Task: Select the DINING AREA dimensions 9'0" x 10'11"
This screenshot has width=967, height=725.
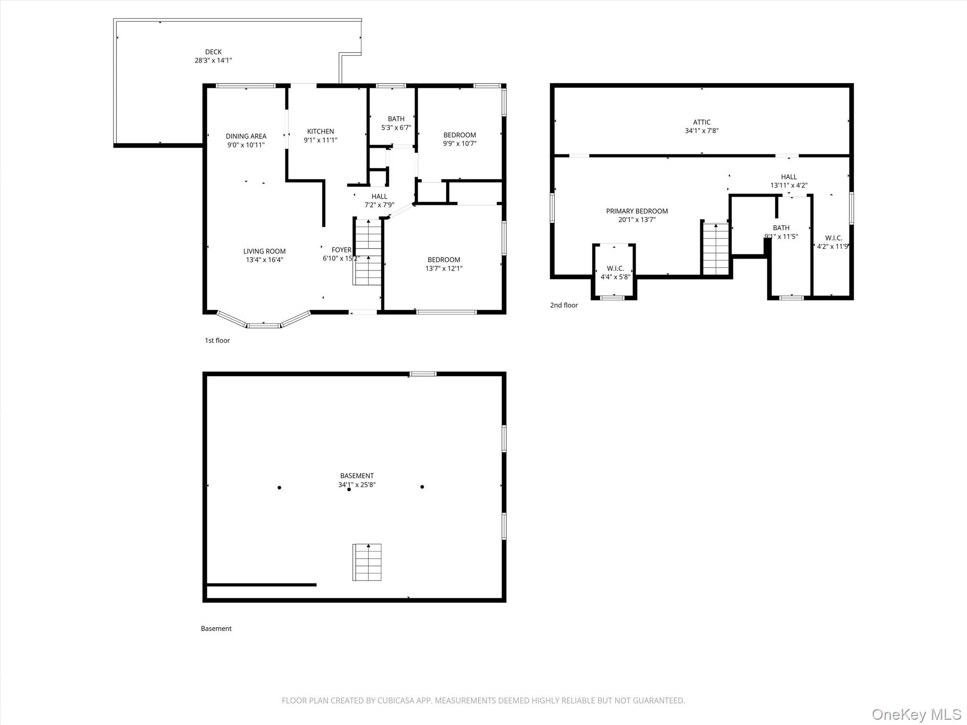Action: (x=246, y=145)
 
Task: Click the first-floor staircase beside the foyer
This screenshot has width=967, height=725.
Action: (x=367, y=252)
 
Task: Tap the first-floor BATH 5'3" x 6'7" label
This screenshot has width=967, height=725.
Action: (x=396, y=123)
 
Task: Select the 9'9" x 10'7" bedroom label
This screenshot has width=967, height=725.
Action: (x=459, y=139)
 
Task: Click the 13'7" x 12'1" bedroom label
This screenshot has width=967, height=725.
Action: (x=444, y=264)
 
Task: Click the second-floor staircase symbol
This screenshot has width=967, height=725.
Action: (x=716, y=249)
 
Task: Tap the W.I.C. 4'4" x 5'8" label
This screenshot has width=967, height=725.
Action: (x=615, y=272)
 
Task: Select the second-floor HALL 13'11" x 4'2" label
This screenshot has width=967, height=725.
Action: (x=789, y=181)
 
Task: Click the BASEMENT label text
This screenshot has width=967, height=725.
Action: (x=357, y=476)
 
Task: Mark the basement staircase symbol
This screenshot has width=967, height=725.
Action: (x=367, y=562)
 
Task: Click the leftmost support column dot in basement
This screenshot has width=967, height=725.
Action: (x=280, y=488)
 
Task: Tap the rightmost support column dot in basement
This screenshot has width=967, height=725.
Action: (x=422, y=487)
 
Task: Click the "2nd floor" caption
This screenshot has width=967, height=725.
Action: (x=564, y=305)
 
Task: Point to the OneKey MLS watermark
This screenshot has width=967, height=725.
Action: (x=916, y=714)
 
